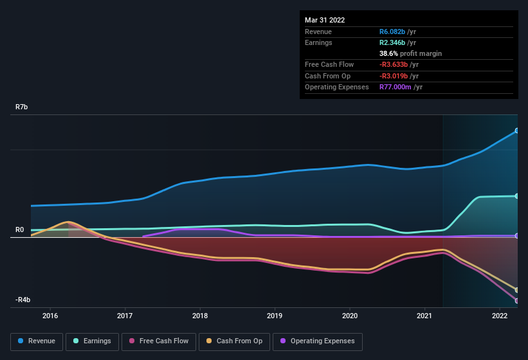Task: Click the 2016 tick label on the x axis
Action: click(50, 316)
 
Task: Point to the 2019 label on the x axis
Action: click(275, 316)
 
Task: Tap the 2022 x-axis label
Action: click(500, 316)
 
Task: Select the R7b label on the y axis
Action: click(21, 107)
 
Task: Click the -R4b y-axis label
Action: click(23, 300)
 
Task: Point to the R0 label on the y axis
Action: click(19, 230)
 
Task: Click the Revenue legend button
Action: click(37, 341)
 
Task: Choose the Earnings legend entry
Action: click(91, 341)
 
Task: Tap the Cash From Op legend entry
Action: click(233, 341)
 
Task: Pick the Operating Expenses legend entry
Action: click(318, 341)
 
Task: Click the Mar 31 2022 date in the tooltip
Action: click(325, 20)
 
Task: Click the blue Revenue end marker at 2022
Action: click(517, 130)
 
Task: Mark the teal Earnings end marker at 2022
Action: click(517, 196)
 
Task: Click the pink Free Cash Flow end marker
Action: click(517, 301)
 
